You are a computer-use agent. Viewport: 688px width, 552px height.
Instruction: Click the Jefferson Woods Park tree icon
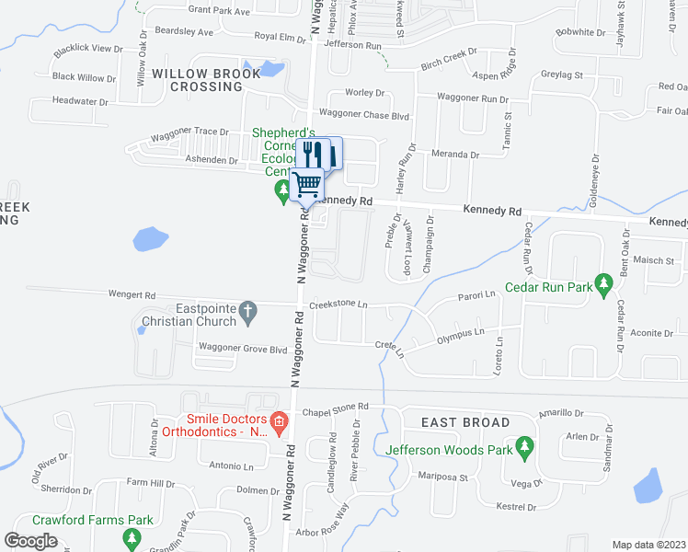point(525,448)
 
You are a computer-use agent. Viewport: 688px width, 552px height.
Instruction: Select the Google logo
point(30,541)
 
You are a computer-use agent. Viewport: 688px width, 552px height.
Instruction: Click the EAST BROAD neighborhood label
point(465,422)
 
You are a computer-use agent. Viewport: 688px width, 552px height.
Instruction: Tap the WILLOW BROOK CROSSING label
point(197,79)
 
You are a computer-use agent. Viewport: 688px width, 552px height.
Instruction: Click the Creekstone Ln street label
point(338,304)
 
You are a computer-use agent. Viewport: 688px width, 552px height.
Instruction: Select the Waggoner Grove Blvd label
point(236,348)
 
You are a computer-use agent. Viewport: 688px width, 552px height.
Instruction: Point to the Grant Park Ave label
point(219,11)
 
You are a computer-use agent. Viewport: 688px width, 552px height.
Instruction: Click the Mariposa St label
point(443,477)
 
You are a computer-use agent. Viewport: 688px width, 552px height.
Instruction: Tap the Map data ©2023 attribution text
point(648,545)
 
